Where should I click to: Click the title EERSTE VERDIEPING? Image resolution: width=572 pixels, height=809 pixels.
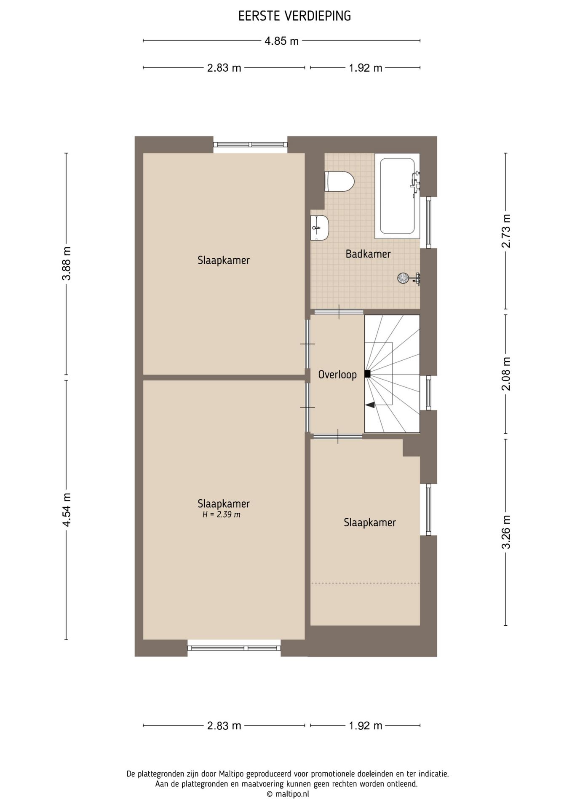294,16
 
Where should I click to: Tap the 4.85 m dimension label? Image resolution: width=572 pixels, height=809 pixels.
281,41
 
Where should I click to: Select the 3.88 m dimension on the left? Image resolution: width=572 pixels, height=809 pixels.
66,263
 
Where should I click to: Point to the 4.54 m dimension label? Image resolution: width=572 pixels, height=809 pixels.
66,509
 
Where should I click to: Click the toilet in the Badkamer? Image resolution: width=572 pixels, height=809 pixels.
339,182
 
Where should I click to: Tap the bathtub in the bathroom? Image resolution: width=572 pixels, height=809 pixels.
397,196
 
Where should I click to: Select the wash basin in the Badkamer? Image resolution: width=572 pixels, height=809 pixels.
319,228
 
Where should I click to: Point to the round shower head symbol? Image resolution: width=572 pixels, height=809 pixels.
403,278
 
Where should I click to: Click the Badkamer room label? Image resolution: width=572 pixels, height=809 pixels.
368,254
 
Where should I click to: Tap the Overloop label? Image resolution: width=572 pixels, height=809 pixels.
337,374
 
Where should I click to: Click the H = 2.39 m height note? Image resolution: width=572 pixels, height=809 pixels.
221,514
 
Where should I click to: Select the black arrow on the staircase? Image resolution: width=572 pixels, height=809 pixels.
370,405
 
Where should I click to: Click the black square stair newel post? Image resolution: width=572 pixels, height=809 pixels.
367,374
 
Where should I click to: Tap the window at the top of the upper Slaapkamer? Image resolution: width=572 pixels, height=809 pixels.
250,145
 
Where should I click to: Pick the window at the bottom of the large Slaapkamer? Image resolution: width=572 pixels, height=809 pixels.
234,648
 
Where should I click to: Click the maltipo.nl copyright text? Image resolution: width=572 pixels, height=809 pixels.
288,794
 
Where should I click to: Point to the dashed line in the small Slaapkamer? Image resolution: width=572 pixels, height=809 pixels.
365,583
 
